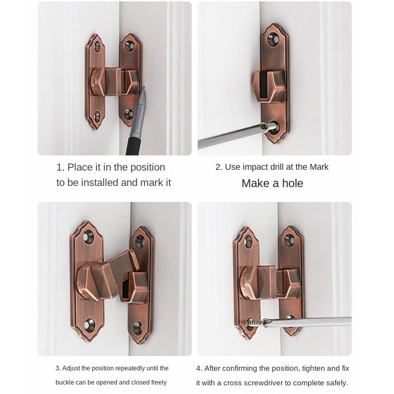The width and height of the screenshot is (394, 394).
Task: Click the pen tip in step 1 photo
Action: (143, 89)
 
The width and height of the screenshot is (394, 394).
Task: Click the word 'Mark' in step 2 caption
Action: (319, 167)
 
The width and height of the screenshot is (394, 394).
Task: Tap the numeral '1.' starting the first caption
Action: (60, 167)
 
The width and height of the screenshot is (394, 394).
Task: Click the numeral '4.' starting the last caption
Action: (199, 368)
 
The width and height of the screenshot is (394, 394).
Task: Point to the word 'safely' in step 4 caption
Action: (335, 383)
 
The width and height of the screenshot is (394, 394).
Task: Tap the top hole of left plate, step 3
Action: (88, 237)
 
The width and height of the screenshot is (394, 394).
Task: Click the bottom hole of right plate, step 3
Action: (138, 327)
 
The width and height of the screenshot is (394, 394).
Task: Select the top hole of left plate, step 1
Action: (97, 47)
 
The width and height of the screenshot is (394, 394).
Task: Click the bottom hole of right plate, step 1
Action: (129, 114)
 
